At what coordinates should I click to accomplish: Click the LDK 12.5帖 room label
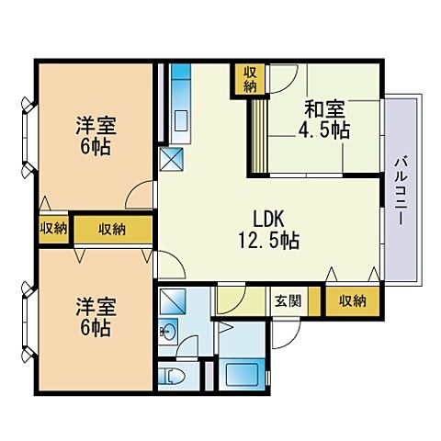(x=268, y=230)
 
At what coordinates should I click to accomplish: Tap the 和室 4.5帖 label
(x=324, y=119)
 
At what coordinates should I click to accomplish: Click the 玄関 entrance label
(x=288, y=301)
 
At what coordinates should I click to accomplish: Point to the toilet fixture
(x=172, y=376)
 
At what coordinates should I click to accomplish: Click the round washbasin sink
(x=167, y=331)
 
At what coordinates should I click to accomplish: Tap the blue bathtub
(x=245, y=373)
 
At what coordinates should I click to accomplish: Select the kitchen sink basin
(x=180, y=120)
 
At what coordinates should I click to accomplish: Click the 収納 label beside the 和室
(x=250, y=80)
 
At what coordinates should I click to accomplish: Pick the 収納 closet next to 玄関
(x=352, y=301)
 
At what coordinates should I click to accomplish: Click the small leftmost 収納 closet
(x=54, y=229)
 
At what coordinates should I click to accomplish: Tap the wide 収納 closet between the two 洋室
(x=113, y=230)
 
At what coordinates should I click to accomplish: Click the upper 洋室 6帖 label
(x=96, y=136)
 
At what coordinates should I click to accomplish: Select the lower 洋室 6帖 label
(x=96, y=317)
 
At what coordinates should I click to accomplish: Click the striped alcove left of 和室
(x=259, y=136)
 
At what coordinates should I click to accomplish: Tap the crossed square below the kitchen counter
(x=172, y=159)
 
